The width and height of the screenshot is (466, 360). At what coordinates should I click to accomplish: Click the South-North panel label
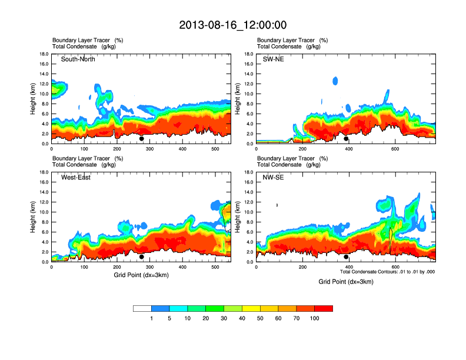[78, 59]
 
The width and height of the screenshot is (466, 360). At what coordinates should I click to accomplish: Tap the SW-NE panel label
[273, 59]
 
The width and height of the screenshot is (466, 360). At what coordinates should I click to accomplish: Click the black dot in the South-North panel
[141, 139]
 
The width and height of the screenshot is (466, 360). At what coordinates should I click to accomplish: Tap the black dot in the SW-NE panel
[346, 139]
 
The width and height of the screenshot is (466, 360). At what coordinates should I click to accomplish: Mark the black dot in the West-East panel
[141, 257]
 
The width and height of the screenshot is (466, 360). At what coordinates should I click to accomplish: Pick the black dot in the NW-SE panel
[346, 257]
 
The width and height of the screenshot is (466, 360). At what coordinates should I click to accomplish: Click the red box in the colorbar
[324, 308]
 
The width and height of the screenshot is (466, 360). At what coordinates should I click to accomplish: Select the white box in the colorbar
[142, 308]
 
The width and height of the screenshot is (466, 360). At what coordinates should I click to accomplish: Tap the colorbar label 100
[315, 318]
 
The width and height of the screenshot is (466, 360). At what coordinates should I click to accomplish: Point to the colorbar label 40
[242, 318]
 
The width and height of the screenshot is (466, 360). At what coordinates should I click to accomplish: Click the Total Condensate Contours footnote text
[387, 272]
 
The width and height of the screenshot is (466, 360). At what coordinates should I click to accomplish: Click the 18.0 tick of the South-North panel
[44, 54]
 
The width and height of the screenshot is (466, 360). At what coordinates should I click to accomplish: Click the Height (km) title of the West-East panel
[33, 217]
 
